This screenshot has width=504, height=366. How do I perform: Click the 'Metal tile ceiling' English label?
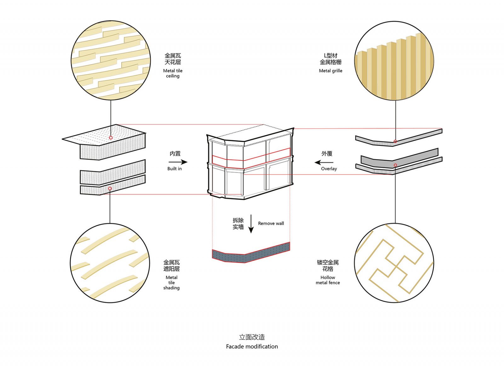point(173,74)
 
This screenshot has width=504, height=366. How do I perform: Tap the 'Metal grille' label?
point(330,71)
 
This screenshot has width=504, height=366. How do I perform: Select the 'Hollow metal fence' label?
point(328,280)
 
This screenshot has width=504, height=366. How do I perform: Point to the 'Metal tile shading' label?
point(171,282)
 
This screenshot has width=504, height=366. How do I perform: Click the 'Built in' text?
point(175,169)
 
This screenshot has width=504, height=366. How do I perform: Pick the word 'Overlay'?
point(329,169)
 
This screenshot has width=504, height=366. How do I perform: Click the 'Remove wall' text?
point(271,224)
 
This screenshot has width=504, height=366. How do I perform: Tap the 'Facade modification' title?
point(252,347)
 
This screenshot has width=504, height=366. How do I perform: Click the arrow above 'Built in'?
point(178,162)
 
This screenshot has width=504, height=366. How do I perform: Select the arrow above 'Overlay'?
point(324,162)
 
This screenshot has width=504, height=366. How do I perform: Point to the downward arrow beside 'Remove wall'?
point(251,224)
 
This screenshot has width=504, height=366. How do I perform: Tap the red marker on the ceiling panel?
point(111,137)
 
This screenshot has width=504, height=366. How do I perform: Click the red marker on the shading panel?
point(110,188)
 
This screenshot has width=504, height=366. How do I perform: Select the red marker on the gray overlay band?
point(395,165)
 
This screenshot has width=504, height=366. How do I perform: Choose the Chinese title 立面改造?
point(252,337)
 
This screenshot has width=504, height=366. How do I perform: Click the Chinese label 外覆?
point(327,153)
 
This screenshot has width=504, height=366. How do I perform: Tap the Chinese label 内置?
point(175,153)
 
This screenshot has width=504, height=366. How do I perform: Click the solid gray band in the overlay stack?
point(399,158)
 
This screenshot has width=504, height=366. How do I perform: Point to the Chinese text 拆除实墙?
point(238,224)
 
